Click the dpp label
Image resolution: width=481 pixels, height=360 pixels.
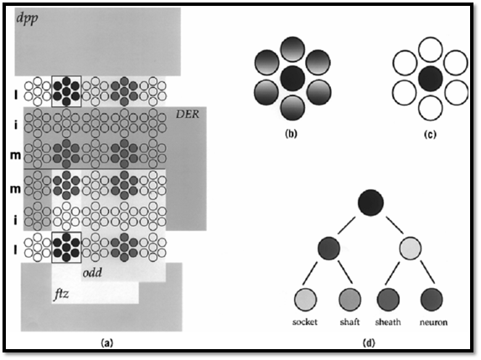(x=28, y=19)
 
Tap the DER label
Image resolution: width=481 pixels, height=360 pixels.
(x=188, y=115)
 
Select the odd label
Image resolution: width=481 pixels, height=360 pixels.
(x=92, y=272)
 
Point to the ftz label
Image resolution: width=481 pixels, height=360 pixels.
(x=61, y=295)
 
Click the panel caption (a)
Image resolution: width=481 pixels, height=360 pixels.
(x=107, y=343)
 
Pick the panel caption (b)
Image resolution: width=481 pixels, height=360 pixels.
(x=291, y=134)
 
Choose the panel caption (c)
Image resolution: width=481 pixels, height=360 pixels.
(x=430, y=134)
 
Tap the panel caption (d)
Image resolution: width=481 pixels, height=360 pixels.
(x=369, y=343)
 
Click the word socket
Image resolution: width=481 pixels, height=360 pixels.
(x=305, y=322)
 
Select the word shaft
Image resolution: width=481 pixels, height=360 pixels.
(x=349, y=322)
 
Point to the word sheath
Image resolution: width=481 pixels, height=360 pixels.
(x=388, y=322)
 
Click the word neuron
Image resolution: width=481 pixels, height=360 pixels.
(x=433, y=322)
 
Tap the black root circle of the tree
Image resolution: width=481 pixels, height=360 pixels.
(x=370, y=203)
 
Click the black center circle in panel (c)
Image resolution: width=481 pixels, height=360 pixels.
(x=431, y=79)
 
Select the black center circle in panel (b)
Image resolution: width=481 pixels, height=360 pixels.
(x=292, y=79)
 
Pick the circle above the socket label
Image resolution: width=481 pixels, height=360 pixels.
(x=306, y=300)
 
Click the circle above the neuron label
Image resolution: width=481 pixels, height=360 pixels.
(x=432, y=300)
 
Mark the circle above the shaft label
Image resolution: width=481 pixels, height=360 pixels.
(x=349, y=300)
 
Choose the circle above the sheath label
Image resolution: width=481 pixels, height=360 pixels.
(x=388, y=300)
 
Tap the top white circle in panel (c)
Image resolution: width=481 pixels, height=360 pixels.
(x=431, y=49)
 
